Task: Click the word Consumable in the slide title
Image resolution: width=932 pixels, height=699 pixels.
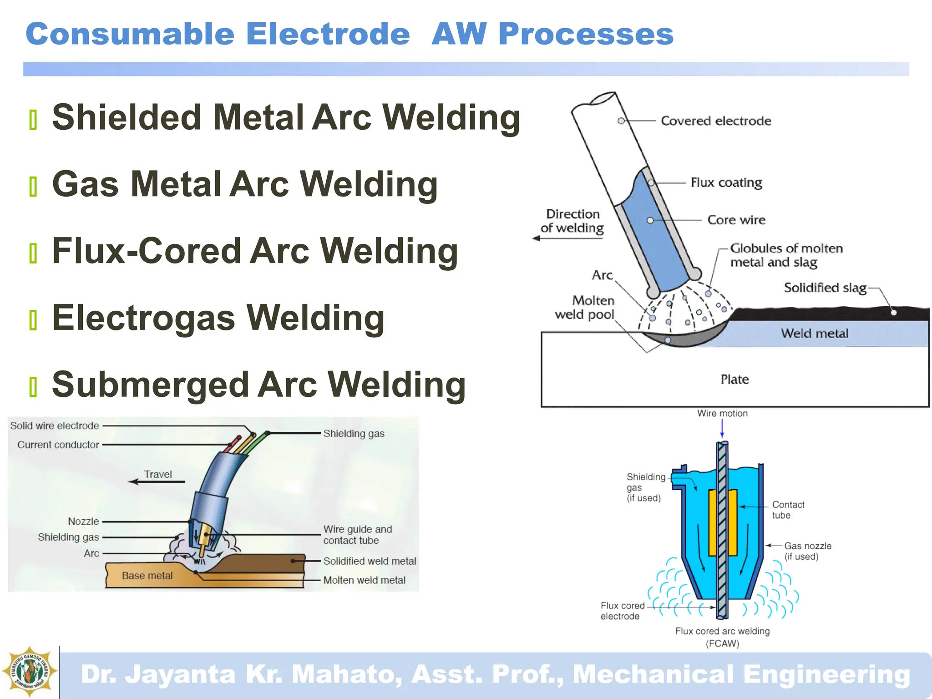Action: (130, 34)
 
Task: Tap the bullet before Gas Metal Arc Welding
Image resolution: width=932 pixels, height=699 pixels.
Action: (33, 187)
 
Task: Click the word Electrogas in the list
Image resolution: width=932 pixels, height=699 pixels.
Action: (143, 318)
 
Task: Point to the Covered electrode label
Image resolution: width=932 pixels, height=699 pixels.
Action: (715, 121)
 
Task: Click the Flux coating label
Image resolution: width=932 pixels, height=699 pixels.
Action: (726, 182)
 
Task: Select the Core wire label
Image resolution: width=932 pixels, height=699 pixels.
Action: (736, 220)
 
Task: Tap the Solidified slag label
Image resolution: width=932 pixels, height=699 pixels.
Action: (825, 288)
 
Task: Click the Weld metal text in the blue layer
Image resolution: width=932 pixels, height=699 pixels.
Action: (814, 334)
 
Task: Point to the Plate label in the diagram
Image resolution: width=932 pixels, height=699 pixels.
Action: (734, 379)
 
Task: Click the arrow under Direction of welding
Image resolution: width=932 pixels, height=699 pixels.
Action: (567, 238)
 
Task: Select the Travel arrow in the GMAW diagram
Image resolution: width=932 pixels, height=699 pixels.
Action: (157, 481)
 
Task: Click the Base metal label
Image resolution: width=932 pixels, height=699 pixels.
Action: (147, 576)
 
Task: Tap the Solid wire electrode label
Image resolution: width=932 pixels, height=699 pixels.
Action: (55, 425)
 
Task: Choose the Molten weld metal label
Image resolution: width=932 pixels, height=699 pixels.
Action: (364, 580)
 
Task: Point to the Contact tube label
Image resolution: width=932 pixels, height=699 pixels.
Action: (788, 510)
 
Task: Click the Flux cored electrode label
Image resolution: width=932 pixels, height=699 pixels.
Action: (622, 611)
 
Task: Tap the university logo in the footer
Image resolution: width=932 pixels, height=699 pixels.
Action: (30, 672)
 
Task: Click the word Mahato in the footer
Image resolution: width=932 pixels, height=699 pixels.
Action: (346, 674)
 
